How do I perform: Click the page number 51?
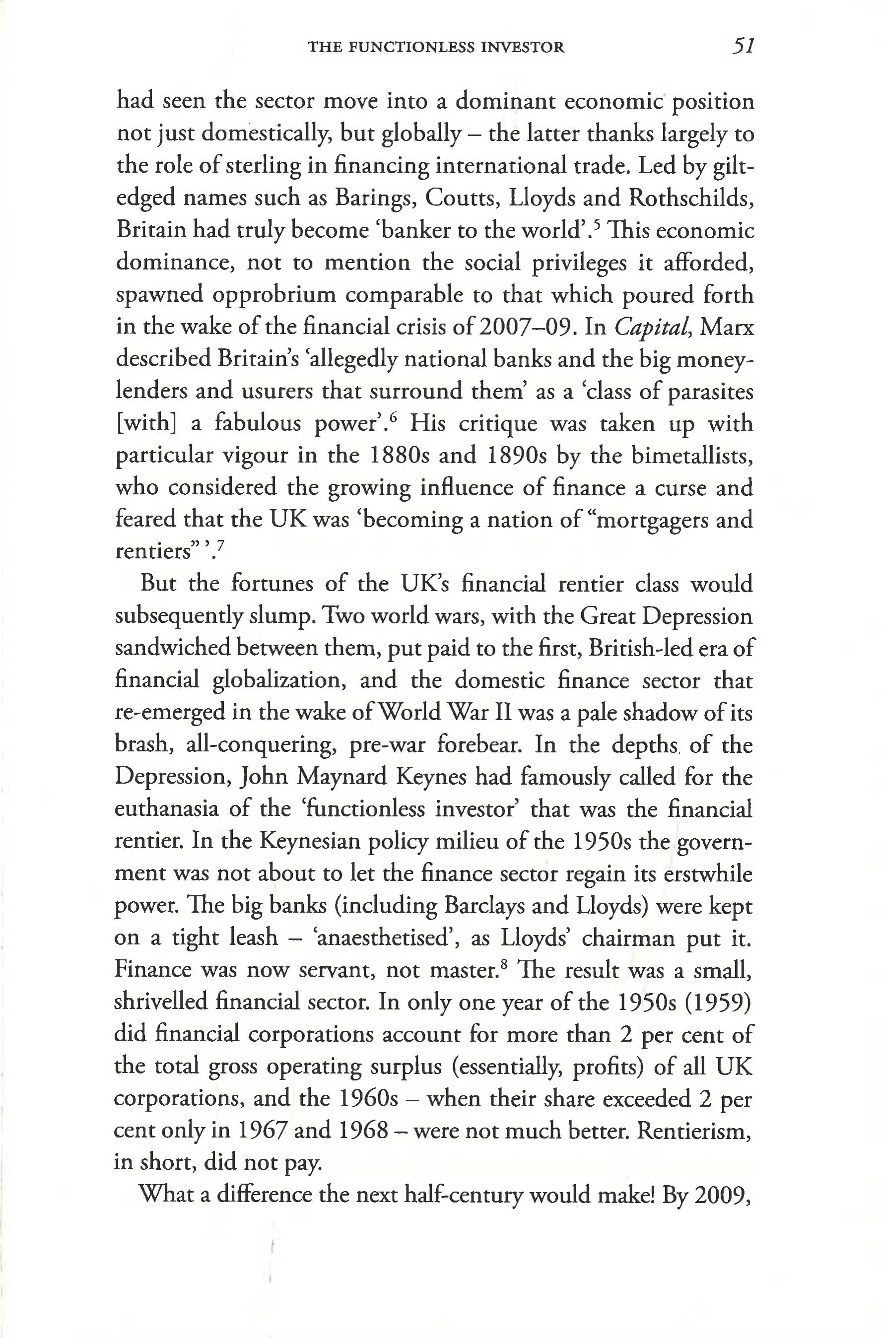[x=743, y=46]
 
